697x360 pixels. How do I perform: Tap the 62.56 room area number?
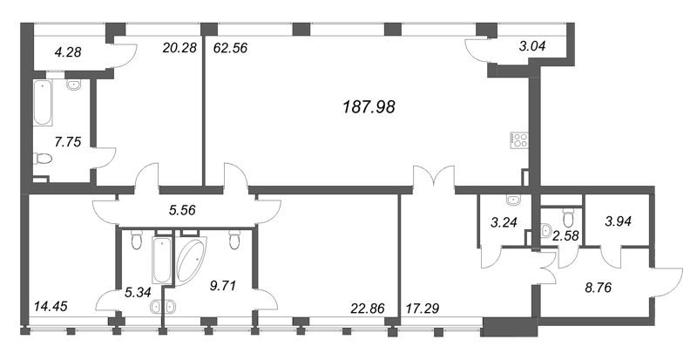pos(231,48)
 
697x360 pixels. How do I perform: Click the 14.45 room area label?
pos(51,306)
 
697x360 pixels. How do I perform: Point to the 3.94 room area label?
pos(622,223)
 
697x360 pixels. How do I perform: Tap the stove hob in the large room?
pos(519,139)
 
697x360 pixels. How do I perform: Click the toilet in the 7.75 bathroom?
pos(42,160)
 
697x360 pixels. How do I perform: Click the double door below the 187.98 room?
pos(433,179)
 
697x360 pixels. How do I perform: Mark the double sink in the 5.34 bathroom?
pos(163,306)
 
